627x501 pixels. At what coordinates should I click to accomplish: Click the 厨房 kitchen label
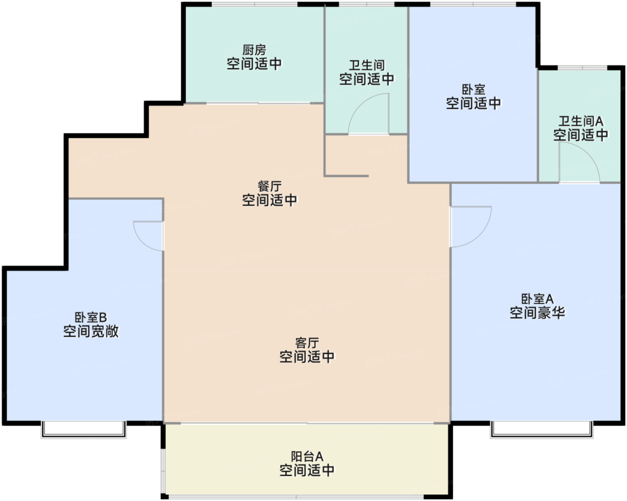point(254,49)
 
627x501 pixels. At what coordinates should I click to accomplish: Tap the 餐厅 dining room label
point(269,186)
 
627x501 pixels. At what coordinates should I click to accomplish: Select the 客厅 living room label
point(307,343)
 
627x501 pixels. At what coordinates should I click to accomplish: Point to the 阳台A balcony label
point(307,457)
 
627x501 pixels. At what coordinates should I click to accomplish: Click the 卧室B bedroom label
point(91,317)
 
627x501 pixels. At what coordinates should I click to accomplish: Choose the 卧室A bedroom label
point(537,298)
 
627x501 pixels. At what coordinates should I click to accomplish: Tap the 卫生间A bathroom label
point(580,121)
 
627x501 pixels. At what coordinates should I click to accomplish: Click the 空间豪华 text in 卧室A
point(537,313)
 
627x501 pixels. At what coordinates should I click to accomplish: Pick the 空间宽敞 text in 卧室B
point(91,332)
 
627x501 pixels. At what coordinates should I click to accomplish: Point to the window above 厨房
point(254,4)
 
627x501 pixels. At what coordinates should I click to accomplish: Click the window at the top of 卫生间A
point(582,68)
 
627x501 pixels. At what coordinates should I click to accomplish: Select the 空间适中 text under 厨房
point(254,64)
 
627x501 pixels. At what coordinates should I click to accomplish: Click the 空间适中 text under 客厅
point(307,357)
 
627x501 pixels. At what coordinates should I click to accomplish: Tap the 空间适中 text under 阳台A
point(307,471)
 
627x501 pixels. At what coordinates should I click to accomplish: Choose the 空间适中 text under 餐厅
point(269,200)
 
